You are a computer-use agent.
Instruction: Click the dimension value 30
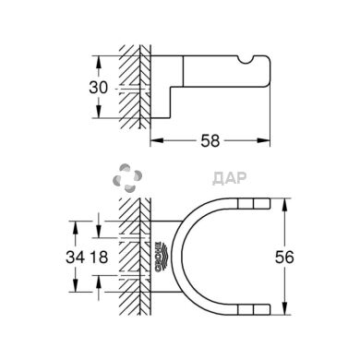(99, 88)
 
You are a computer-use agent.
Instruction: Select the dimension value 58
(210, 141)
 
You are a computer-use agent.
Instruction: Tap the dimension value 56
(284, 258)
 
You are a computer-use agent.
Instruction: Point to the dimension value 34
(75, 257)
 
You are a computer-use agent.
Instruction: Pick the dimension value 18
(99, 257)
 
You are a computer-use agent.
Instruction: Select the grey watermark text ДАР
(230, 178)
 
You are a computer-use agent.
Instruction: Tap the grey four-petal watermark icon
(127, 178)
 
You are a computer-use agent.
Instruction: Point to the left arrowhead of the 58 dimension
(156, 140)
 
